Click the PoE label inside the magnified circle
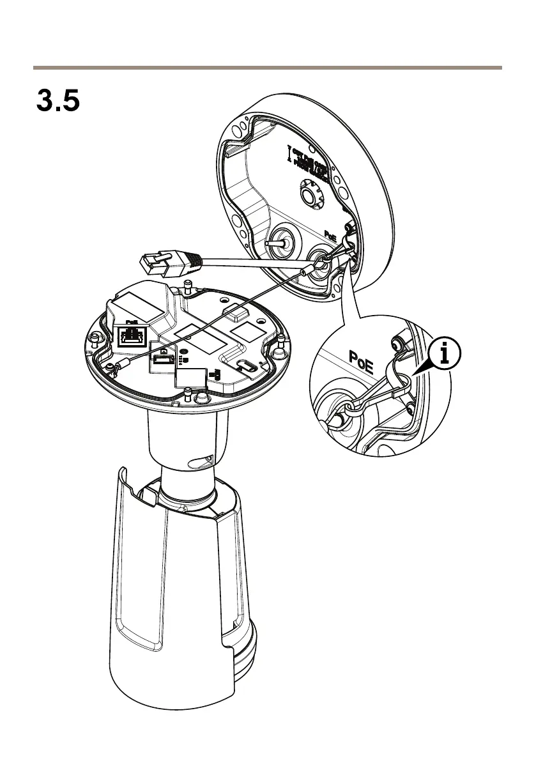tap(362, 358)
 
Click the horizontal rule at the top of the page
tap(268, 67)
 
